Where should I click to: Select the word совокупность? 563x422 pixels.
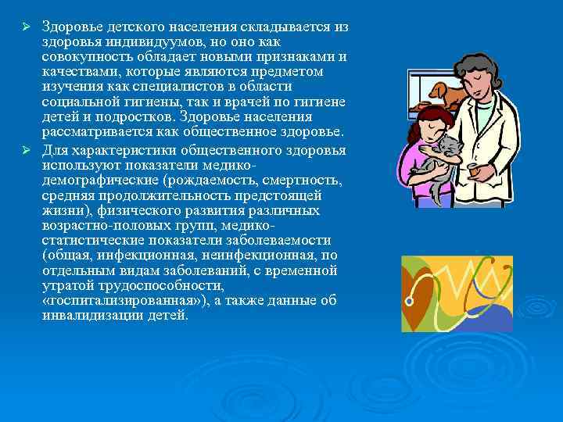point(86,56)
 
